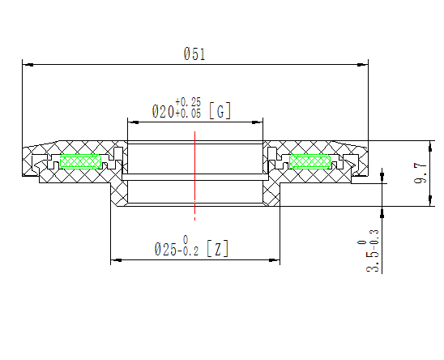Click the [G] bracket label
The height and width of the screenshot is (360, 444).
[x=220, y=111]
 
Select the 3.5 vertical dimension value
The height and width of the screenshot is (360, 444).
[x=373, y=261]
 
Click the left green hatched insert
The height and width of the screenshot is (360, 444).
[x=81, y=161]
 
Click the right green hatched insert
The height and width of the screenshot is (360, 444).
[x=311, y=161]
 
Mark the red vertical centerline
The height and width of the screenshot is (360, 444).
[x=195, y=174]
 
